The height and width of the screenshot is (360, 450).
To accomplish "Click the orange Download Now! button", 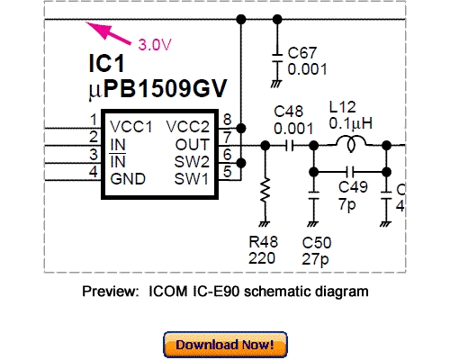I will [x=225, y=344].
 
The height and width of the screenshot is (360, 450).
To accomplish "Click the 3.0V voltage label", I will [x=156, y=43].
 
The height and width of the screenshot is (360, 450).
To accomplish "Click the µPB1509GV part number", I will [x=154, y=90].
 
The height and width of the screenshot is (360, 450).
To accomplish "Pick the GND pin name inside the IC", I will [x=128, y=177].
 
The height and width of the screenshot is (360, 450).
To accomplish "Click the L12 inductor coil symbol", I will [x=349, y=144].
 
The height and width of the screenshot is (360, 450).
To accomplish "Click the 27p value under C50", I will [x=316, y=257].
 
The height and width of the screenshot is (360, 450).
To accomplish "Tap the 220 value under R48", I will [x=263, y=257].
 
